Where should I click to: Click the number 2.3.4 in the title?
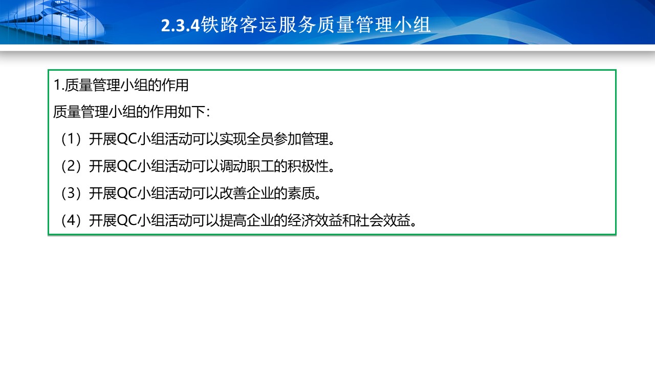tap(180, 25)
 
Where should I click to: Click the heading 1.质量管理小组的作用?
tap(121, 85)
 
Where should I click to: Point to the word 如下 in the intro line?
tap(191, 112)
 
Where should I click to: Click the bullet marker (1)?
tap(71, 139)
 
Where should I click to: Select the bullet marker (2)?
tap(71, 166)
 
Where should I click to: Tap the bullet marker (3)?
tap(71, 193)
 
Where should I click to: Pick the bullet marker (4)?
tap(71, 220)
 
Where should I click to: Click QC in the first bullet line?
tap(127, 139)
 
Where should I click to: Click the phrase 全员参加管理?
tap(288, 139)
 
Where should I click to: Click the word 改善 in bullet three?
tap(233, 193)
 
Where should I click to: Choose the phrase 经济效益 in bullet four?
tap(315, 220)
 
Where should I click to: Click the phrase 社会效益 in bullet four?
tap(383, 220)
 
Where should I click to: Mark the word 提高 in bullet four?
tap(233, 220)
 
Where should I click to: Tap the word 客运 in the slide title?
tap(258, 25)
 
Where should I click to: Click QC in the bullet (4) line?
tap(127, 220)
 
